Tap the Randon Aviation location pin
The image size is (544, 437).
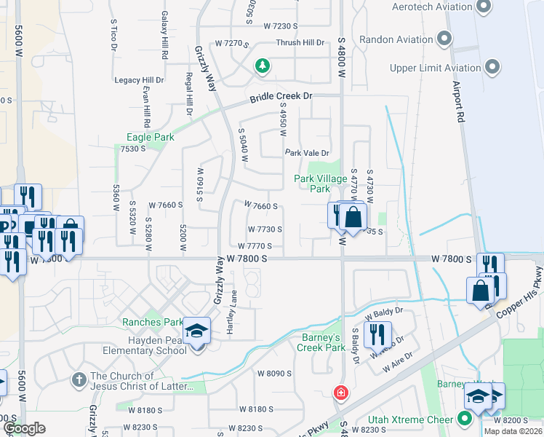pyautogui.click(x=445, y=39)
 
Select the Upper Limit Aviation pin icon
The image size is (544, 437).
pyautogui.click(x=493, y=68)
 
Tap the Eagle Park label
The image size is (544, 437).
pyautogui.click(x=151, y=137)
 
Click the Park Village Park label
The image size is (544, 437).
pyautogui.click(x=311, y=184)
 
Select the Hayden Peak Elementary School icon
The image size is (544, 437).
pyautogui.click(x=196, y=332)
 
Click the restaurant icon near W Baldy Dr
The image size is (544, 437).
pyautogui.click(x=377, y=334)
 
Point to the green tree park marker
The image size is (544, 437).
pyautogui.click(x=263, y=68)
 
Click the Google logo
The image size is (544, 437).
pyautogui.click(x=24, y=428)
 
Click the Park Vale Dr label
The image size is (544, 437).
pyautogui.click(x=307, y=153)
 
